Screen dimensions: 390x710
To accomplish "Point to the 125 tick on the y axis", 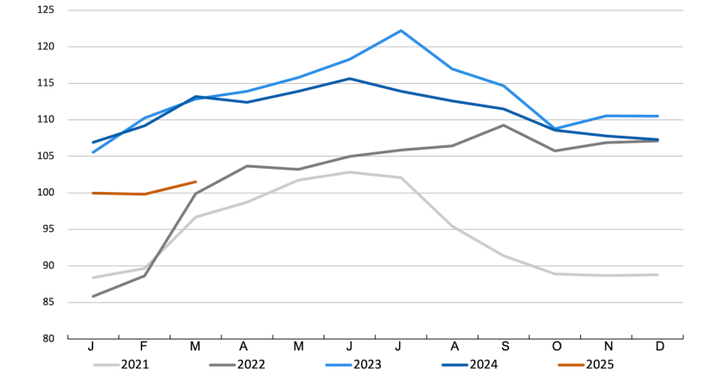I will tap(46, 10).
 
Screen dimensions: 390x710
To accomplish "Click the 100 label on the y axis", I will tap(46, 193).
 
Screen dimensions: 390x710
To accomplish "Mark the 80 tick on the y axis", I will tap(48, 339).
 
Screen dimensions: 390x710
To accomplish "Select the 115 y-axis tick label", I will tap(46, 83).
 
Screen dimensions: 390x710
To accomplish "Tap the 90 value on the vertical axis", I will tap(48, 266).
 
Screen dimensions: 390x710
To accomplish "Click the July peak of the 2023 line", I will tap(401, 30).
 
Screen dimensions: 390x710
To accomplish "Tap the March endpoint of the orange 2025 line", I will tap(196, 182).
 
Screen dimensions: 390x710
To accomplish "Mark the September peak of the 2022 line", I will tap(504, 125).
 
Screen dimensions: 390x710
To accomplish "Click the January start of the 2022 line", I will tap(93, 297).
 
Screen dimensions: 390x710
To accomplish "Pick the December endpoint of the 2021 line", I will tap(658, 275).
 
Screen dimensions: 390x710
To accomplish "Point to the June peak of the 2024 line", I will tap(350, 79).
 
